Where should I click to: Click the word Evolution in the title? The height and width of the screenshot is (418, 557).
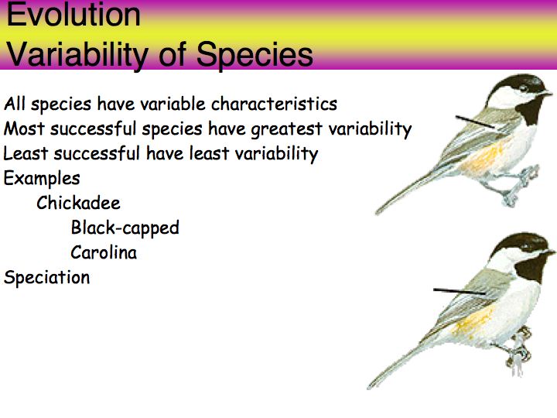pyautogui.click(x=73, y=15)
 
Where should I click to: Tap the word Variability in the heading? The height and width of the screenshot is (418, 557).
pyautogui.click(x=77, y=55)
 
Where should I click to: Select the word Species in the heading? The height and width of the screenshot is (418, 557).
pyautogui.click(x=255, y=55)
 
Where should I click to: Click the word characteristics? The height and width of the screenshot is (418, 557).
pyautogui.click(x=274, y=104)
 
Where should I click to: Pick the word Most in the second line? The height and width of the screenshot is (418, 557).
pyautogui.click(x=24, y=128)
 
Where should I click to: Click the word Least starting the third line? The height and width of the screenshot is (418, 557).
pyautogui.click(x=26, y=153)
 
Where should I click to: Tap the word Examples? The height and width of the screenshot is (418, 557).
pyautogui.click(x=42, y=179)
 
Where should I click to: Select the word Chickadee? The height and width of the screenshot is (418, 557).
pyautogui.click(x=78, y=203)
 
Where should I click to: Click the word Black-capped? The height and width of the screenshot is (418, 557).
pyautogui.click(x=125, y=228)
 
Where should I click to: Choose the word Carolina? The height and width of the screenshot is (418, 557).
pyautogui.click(x=104, y=252)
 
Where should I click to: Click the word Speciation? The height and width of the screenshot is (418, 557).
pyautogui.click(x=46, y=277)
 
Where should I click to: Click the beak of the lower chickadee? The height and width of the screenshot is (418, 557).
pyautogui.click(x=550, y=252)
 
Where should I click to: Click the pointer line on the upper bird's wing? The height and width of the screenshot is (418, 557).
pyautogui.click(x=475, y=122)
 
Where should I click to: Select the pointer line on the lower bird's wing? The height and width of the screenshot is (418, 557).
pyautogui.click(x=460, y=292)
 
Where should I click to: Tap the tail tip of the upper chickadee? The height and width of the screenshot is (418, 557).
pyautogui.click(x=378, y=212)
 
